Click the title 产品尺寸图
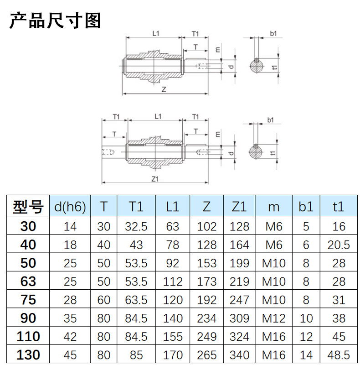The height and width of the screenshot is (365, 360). [x=55, y=21]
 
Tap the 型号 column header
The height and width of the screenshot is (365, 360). [x=28, y=207]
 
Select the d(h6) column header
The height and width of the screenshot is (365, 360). [x=70, y=207]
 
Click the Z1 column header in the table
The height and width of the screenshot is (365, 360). [x=239, y=207]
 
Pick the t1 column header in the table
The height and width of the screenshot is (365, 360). [x=338, y=207]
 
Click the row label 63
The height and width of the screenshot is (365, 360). [x=28, y=281]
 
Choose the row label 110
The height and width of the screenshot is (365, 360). [x=28, y=337]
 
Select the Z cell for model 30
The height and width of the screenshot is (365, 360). [x=207, y=226]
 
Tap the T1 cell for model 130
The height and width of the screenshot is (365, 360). [x=136, y=355]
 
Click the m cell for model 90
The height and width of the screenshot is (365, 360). [x=273, y=318]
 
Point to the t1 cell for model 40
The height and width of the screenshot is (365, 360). [x=338, y=245]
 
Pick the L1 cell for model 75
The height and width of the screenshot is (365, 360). [x=172, y=300]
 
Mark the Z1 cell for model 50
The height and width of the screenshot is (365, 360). [x=239, y=263]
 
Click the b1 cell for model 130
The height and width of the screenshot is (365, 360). [x=306, y=355]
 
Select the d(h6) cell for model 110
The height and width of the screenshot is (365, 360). [x=70, y=337]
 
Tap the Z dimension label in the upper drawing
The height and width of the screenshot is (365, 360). [x=163, y=90]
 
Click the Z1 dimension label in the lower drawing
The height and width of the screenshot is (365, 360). [x=154, y=178]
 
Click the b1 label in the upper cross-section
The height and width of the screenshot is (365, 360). [x=273, y=33]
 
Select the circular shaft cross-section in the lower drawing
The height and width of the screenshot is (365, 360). [x=257, y=151]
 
